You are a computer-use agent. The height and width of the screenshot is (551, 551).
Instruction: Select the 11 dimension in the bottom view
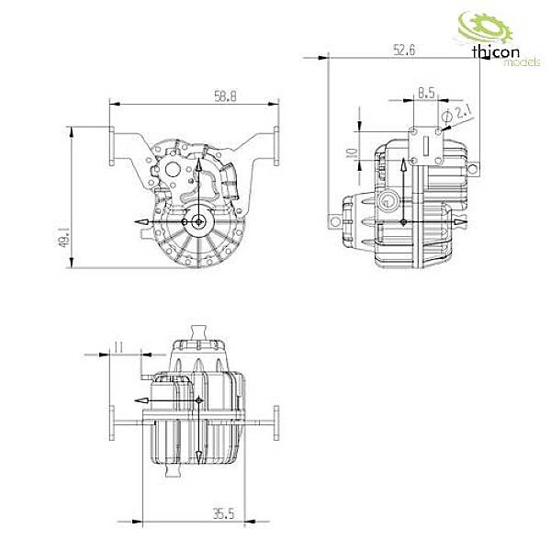pyautogui.click(x=118, y=346)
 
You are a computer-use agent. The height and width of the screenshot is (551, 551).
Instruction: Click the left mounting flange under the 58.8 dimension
pyautogui.click(x=112, y=147)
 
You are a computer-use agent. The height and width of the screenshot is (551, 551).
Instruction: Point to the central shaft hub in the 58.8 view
pyautogui.click(x=198, y=221)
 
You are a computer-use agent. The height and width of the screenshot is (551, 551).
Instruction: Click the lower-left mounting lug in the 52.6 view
pyautogui.click(x=334, y=220)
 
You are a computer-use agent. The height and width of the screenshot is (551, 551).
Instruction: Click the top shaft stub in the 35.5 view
pyautogui.click(x=198, y=330)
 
